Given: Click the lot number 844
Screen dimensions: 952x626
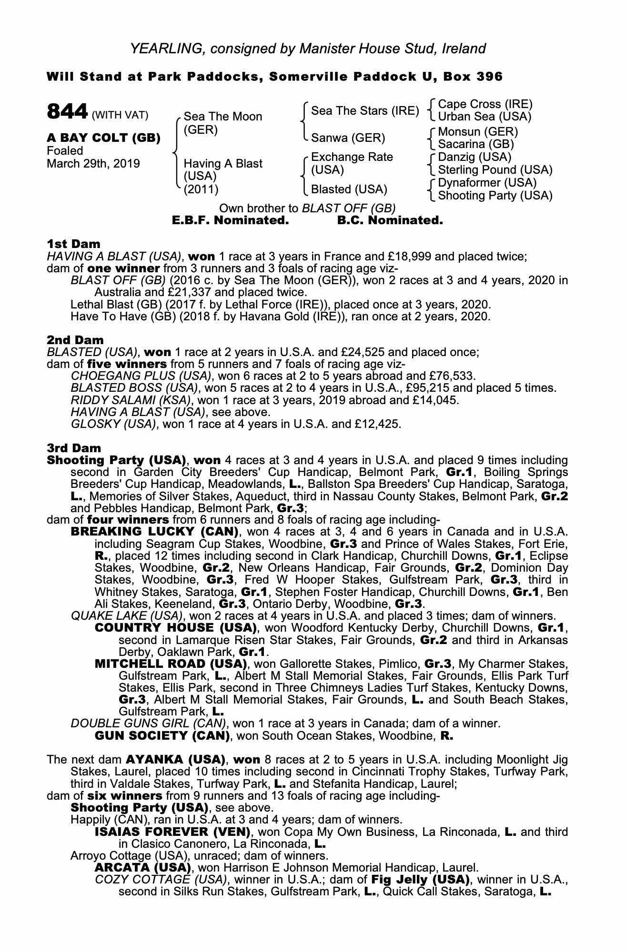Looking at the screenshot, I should coord(67,112).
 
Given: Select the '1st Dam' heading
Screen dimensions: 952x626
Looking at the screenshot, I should coord(73,244).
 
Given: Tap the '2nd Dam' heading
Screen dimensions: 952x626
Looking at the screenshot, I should coord(75,340).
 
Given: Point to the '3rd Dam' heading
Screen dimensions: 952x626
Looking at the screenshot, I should coord(74,448).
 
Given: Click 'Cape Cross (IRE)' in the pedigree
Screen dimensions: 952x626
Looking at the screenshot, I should coord(485,104).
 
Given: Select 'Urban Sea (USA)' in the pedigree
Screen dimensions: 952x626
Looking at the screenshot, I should coord(484,117).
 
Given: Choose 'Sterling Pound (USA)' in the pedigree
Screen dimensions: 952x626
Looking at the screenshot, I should coord(495,170).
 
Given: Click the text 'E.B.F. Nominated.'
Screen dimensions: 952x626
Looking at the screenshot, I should coord(230,220).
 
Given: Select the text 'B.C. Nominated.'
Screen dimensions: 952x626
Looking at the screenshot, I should coord(390,220).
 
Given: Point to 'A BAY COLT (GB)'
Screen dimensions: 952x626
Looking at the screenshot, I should coord(103,138).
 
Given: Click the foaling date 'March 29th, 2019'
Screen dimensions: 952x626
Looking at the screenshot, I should coord(93,164).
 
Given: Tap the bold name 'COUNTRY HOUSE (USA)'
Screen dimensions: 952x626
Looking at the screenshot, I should coord(176,627).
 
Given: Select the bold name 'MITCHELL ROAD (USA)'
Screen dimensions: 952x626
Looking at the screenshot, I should coord(171,664).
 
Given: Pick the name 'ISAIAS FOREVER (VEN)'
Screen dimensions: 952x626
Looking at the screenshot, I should coord(172,832).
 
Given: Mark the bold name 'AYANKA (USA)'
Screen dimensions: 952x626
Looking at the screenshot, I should coord(175,759).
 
